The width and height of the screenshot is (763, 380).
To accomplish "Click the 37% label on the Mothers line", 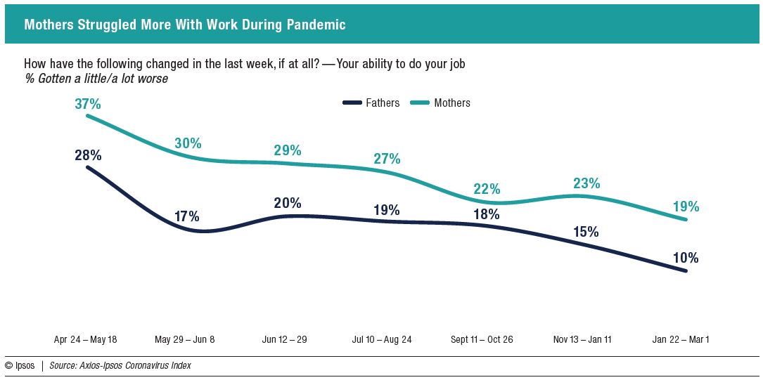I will click(x=87, y=104).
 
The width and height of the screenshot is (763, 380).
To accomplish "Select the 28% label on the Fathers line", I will click(x=87, y=155).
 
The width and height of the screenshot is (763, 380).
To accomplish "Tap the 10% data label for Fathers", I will click(x=686, y=258).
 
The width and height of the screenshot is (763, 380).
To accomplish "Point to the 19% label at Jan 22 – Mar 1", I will click(x=686, y=207).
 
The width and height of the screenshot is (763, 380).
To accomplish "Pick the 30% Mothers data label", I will click(x=188, y=143).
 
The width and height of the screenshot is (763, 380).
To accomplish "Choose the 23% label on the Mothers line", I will click(x=586, y=183).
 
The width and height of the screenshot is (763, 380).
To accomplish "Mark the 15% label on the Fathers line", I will click(x=585, y=231).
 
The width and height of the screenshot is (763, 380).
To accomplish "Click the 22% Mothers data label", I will click(x=487, y=188).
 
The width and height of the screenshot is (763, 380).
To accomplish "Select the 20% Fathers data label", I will click(x=288, y=203).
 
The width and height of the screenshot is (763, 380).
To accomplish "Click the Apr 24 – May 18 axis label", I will click(x=85, y=339).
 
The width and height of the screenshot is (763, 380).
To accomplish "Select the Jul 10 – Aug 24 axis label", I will click(x=382, y=339).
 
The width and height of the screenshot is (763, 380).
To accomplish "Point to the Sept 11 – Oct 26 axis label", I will click(x=482, y=339).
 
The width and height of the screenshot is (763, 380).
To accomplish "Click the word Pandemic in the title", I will click(x=316, y=25).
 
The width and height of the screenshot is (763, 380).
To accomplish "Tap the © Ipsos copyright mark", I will click(x=20, y=365).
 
